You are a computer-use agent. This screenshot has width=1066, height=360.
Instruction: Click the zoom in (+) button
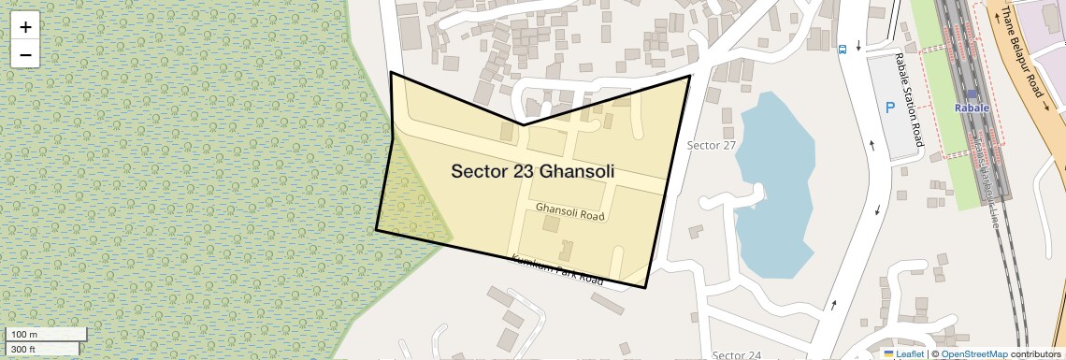tap(25, 27)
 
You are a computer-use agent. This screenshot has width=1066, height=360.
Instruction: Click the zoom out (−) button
tap(25, 55)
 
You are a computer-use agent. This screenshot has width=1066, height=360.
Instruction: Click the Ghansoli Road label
tap(570, 211)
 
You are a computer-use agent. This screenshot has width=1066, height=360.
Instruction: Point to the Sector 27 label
tap(712, 145)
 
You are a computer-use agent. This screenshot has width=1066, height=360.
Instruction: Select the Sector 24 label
tap(736, 354)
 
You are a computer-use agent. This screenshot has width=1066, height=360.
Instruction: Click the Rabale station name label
tap(971, 108)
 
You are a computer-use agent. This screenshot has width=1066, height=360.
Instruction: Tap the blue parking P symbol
tap(890, 108)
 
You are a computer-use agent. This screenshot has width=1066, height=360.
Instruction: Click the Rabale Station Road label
tap(909, 100)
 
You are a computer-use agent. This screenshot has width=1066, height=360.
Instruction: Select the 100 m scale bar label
tap(24, 335)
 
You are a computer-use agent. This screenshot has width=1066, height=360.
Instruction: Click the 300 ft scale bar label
tap(24, 349)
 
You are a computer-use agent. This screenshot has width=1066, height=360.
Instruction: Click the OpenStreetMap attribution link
tap(973, 353)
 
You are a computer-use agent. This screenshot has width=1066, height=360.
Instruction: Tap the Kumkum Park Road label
tap(556, 268)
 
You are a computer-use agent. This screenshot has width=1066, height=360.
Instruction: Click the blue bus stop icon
tap(843, 49)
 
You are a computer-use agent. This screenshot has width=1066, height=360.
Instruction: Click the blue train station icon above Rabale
tap(972, 94)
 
